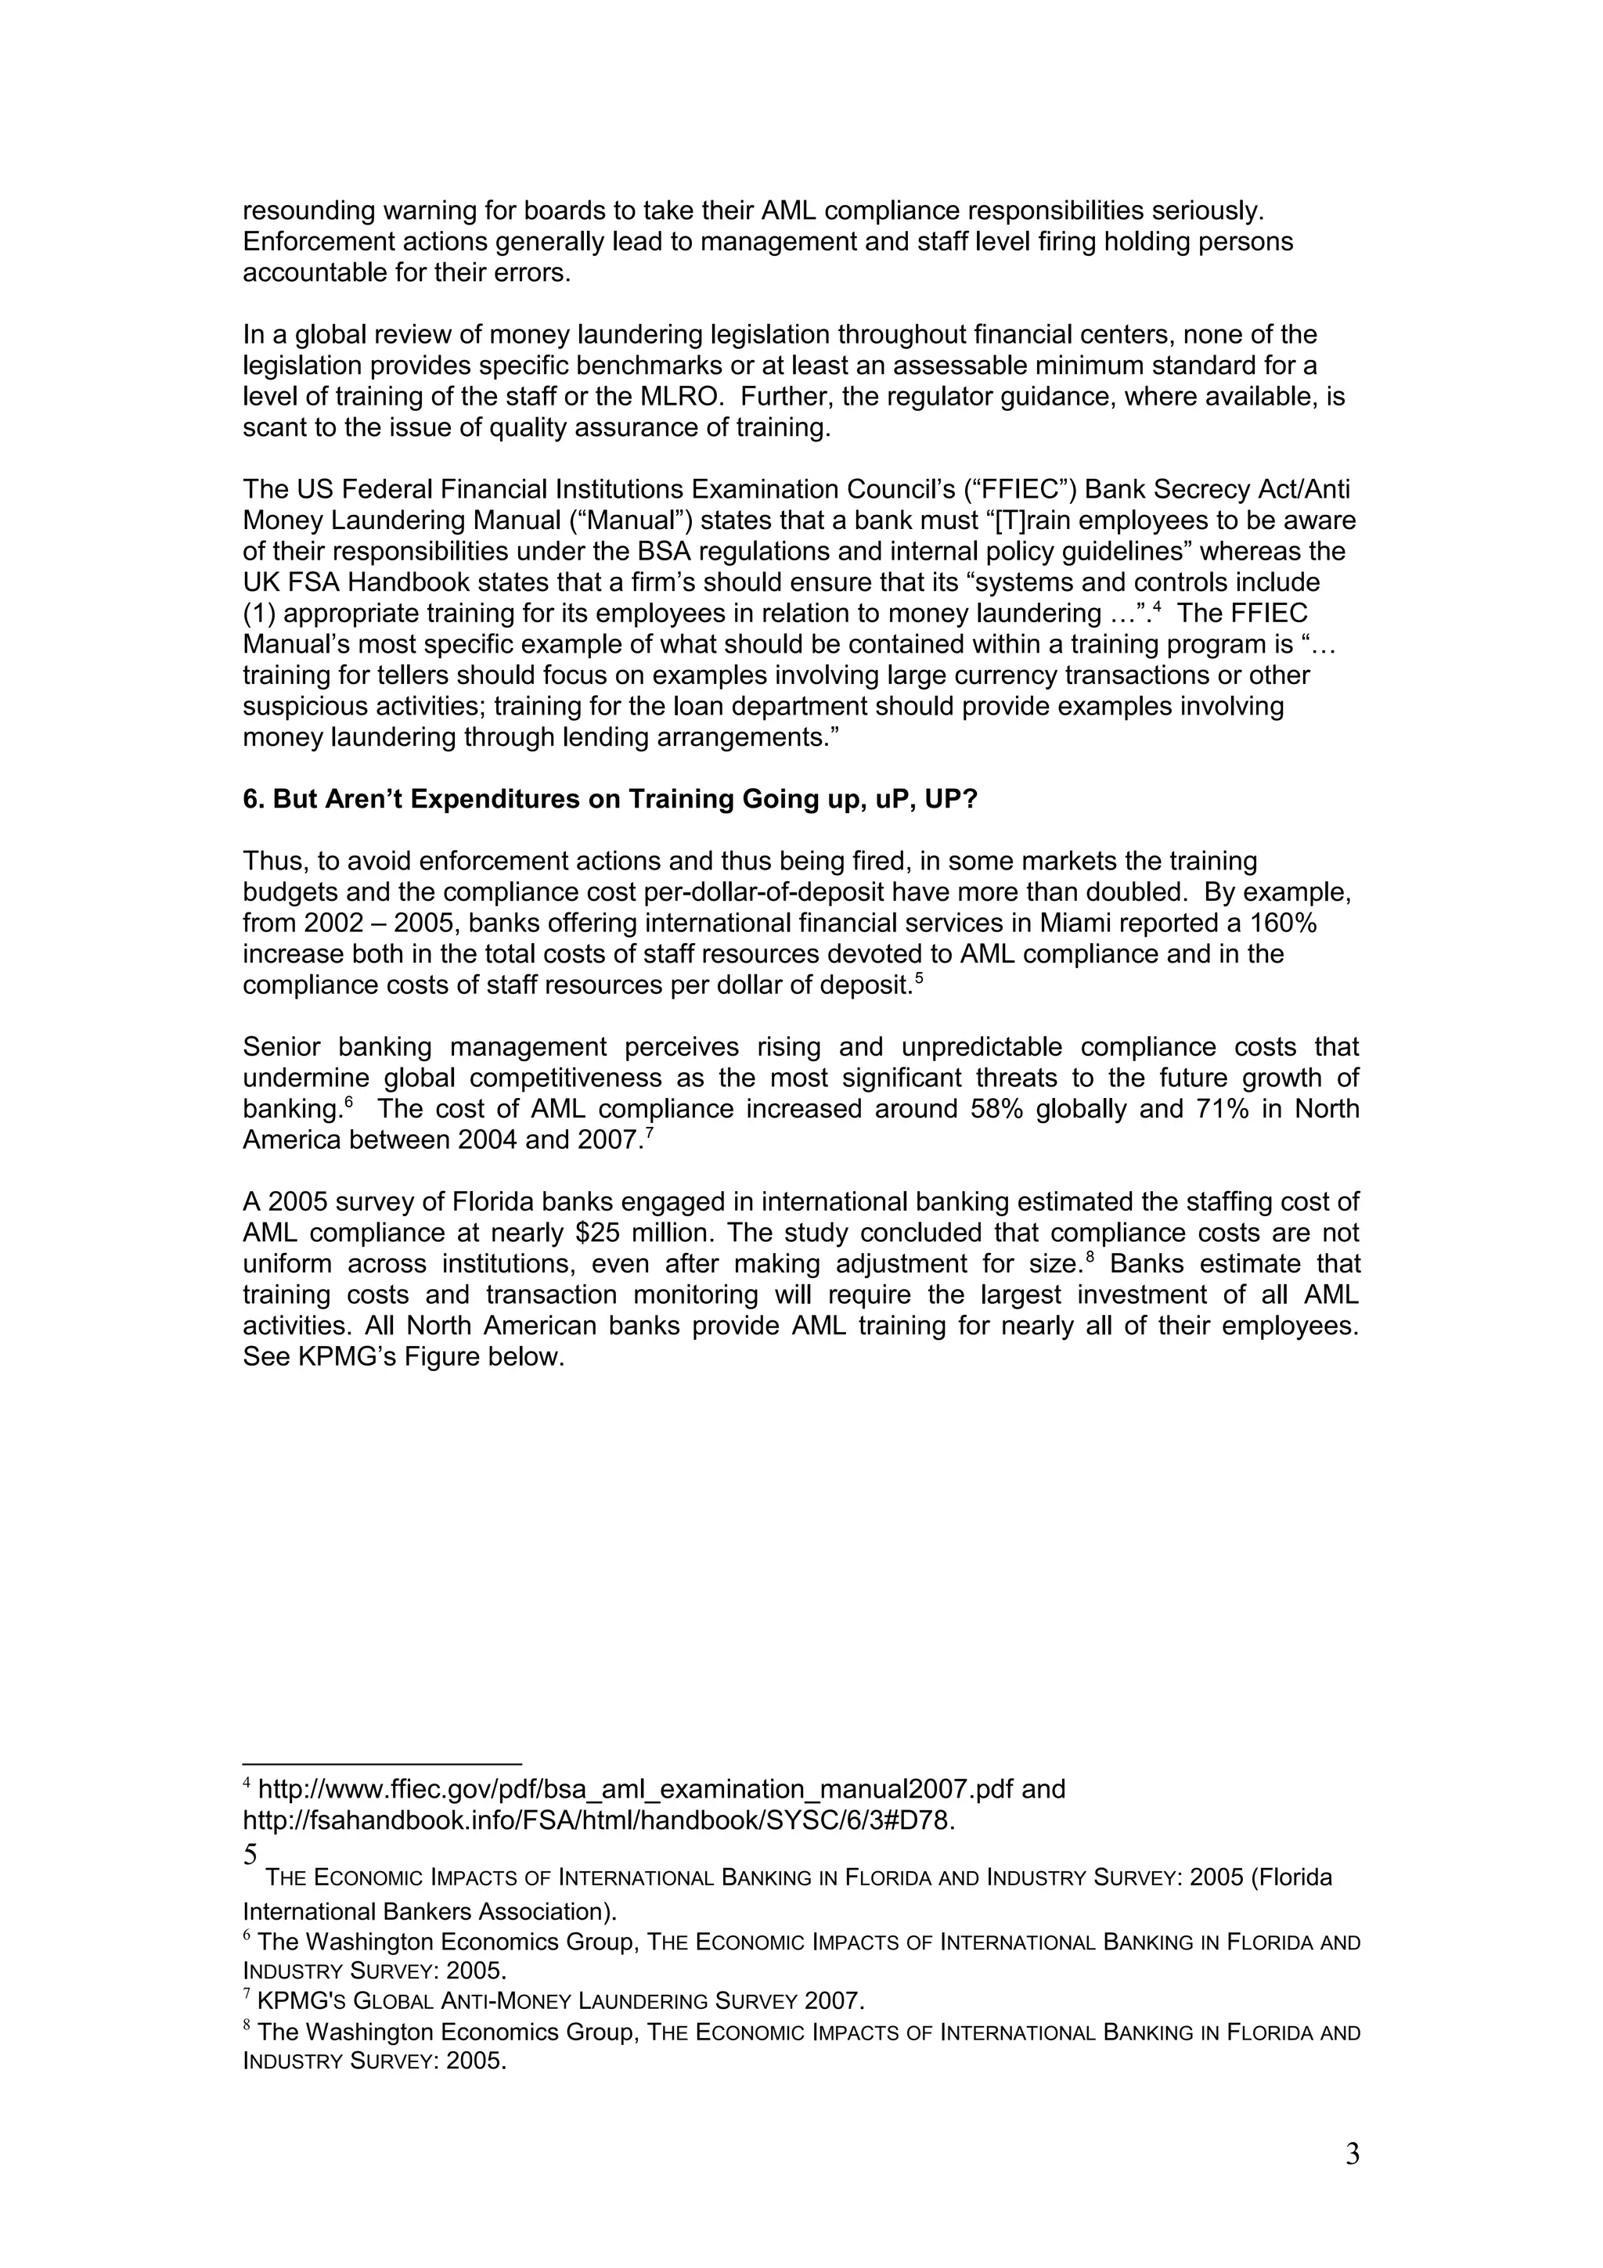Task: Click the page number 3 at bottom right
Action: click(1352, 2154)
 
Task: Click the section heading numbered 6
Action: click(610, 799)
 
